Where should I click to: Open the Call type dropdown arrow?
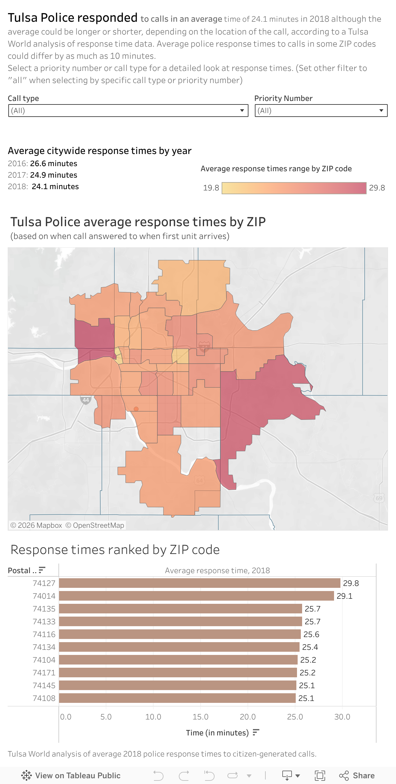[x=242, y=111]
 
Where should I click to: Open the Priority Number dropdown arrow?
[x=381, y=111]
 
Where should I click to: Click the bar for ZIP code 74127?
[x=200, y=583]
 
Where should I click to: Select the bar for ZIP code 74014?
[x=196, y=596]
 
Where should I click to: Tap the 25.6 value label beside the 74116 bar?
[x=311, y=634]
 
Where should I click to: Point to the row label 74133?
[x=44, y=621]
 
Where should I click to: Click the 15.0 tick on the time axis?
[x=200, y=717]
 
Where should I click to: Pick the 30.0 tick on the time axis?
[x=342, y=717]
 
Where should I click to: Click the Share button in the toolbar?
[x=357, y=775]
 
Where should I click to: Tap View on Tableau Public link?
[x=71, y=775]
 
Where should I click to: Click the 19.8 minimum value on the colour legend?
[x=211, y=188]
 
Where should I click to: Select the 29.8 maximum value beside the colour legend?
[x=377, y=188]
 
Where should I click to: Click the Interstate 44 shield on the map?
[x=86, y=400]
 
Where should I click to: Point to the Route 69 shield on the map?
[x=379, y=498]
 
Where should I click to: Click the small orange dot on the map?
[x=136, y=409]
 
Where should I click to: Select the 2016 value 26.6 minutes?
[x=54, y=164]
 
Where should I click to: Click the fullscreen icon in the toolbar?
[x=320, y=775]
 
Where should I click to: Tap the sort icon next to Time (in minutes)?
[x=256, y=732]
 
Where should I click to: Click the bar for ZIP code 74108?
[x=177, y=698]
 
